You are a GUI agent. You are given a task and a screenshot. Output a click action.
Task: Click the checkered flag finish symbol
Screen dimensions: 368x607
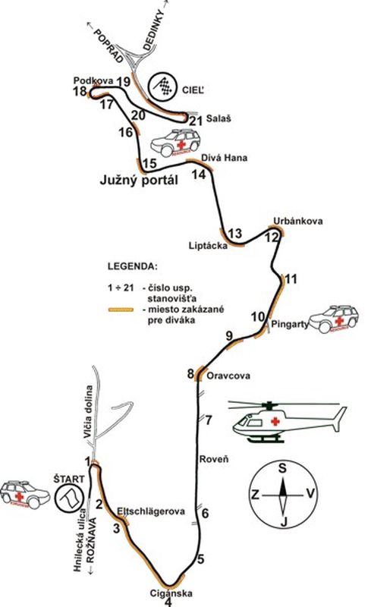pos(163,86)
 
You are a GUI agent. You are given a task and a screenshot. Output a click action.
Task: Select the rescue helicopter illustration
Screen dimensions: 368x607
pos(288,421)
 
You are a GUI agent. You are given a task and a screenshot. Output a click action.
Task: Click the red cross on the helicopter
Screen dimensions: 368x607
pos(275,421)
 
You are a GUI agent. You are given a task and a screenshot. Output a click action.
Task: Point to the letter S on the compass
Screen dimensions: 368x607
pos(283,468)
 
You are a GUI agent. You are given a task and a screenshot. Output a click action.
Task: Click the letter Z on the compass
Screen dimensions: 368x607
pos(255,495)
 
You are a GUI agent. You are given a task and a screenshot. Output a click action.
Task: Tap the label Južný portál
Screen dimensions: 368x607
pos(140,180)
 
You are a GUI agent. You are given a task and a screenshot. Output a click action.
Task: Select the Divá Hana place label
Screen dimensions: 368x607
pos(225,158)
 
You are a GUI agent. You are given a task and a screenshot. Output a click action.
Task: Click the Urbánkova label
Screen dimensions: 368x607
pos(298,221)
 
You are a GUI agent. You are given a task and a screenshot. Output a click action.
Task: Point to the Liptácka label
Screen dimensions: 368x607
pos(208,245)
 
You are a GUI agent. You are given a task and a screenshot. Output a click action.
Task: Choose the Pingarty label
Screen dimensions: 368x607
pos(289,324)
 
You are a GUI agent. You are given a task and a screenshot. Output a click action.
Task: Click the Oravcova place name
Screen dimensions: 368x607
pos(228,376)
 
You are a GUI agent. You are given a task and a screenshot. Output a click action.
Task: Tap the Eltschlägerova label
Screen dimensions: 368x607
pos(151,511)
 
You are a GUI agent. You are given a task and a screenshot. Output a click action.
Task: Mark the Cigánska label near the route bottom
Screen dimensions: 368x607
pos(171,593)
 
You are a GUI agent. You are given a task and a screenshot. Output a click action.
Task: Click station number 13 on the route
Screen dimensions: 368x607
pos(235,234)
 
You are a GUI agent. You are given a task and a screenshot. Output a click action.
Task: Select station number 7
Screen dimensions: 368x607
pos(209,420)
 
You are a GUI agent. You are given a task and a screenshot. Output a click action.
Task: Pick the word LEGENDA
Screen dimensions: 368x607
pos(132,267)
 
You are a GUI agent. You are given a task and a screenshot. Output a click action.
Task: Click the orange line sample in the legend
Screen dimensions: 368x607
pos(121,310)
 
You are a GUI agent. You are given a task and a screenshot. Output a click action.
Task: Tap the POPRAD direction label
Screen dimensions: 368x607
pos(109,45)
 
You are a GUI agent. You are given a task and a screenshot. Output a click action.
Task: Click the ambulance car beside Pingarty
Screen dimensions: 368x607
pos(334,319)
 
